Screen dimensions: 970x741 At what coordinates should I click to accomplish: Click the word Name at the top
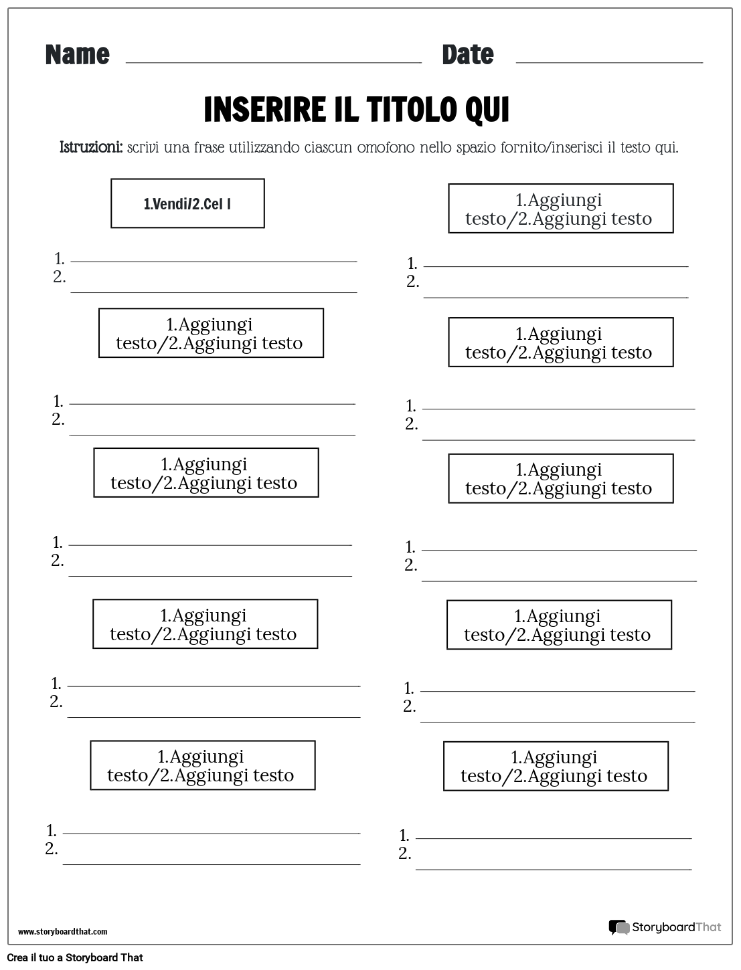pyautogui.click(x=77, y=55)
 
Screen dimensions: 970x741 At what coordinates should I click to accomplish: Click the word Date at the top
pyautogui.click(x=467, y=55)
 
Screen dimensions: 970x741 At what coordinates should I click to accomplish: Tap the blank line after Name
pyautogui.click(x=273, y=62)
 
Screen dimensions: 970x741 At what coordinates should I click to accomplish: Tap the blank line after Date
pyautogui.click(x=609, y=62)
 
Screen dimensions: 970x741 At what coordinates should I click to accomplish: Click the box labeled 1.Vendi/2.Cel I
pyautogui.click(x=187, y=203)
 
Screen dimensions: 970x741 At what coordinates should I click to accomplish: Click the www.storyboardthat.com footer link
pyautogui.click(x=63, y=931)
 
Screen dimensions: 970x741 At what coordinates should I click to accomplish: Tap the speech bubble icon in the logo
pyautogui.click(x=619, y=927)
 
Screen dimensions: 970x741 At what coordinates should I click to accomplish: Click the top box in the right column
pyautogui.click(x=560, y=209)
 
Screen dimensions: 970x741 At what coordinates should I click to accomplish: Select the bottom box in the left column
pyautogui.click(x=202, y=765)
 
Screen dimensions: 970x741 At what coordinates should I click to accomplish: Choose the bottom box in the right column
pyautogui.click(x=556, y=766)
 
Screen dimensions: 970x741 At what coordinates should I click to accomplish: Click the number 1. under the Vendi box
pyautogui.click(x=60, y=258)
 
